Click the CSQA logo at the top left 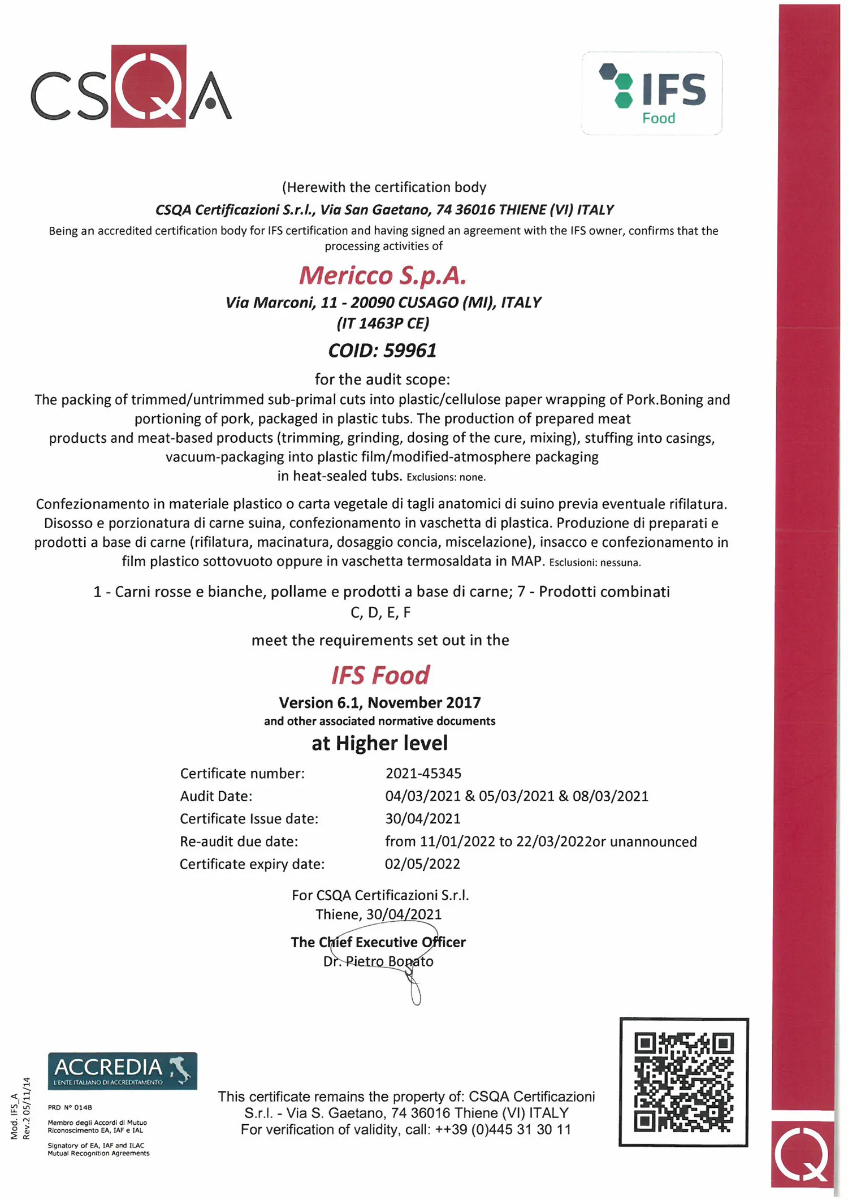pyautogui.click(x=131, y=87)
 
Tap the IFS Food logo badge pyautogui.click(x=652, y=93)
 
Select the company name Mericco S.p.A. pyautogui.click(x=383, y=275)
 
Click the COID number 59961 pyautogui.click(x=410, y=351)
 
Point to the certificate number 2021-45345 pyautogui.click(x=423, y=773)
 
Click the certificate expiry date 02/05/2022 pyautogui.click(x=422, y=864)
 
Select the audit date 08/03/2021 pyautogui.click(x=610, y=796)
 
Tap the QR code pyautogui.click(x=683, y=1082)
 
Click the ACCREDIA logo pyautogui.click(x=122, y=1070)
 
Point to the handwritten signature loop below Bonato pyautogui.click(x=416, y=992)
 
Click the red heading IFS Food pyautogui.click(x=380, y=675)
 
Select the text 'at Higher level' pyautogui.click(x=379, y=743)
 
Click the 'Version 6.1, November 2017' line pyautogui.click(x=379, y=702)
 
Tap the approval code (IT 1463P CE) pyautogui.click(x=383, y=323)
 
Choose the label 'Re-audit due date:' pyautogui.click(x=239, y=841)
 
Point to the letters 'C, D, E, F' pyautogui.click(x=380, y=612)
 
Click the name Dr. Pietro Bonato pyautogui.click(x=378, y=961)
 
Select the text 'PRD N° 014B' pyautogui.click(x=70, y=1107)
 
